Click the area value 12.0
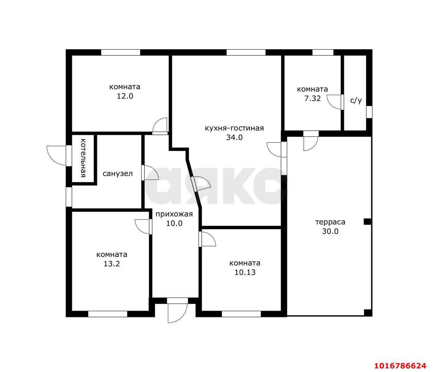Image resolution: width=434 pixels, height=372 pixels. click(125, 96)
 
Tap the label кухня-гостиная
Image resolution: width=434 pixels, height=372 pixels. click(234, 128)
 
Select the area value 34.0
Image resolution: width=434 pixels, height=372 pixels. click(234, 137)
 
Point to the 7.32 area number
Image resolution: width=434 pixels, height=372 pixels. click(313, 98)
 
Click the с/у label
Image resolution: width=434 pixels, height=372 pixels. click(356, 101)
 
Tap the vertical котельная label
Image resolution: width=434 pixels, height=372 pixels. click(83, 158)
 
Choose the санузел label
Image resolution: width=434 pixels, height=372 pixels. click(118, 173)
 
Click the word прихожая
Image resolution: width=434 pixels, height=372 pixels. click(174, 215)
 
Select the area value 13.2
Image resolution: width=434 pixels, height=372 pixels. click(112, 264)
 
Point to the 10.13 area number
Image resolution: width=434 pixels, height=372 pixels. click(245, 272)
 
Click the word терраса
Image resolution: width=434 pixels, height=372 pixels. click(330, 222)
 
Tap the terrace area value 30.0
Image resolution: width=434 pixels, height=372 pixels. click(330, 231)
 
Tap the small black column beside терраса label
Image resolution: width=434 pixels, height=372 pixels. click(367, 222)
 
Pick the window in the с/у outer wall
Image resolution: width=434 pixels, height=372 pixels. click(369, 112)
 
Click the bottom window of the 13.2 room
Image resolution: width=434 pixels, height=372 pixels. click(108, 314)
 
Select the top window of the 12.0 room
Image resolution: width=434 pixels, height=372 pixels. click(121, 52)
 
